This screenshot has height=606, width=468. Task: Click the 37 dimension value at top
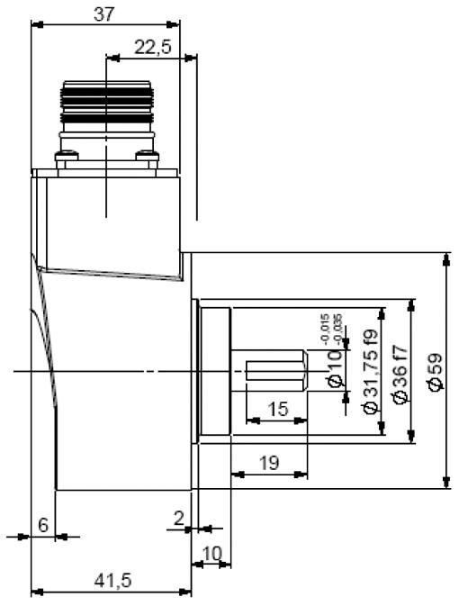(x=103, y=14)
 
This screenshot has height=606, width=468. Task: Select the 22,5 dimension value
(x=152, y=48)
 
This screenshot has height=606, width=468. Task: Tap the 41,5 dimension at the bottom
(x=113, y=580)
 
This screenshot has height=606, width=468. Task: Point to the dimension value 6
(x=43, y=525)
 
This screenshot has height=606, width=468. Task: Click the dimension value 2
(x=179, y=519)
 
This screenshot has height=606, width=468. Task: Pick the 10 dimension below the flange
(x=212, y=554)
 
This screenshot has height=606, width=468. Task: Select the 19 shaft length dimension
(x=269, y=462)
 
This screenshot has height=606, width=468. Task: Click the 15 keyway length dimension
(x=278, y=409)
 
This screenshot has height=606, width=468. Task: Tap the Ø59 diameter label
(x=436, y=371)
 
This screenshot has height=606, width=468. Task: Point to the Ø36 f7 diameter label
(x=400, y=374)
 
